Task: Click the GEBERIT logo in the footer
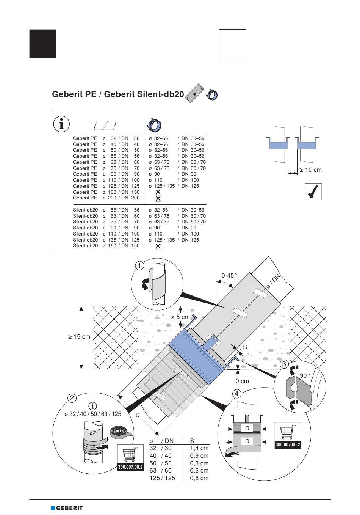[67, 508]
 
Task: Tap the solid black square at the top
[43, 44]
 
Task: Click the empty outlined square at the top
[232, 44]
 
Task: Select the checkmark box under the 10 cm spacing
[313, 192]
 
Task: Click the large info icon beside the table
[61, 124]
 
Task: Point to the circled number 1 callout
[139, 266]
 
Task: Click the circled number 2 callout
[72, 398]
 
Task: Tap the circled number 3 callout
[284, 364]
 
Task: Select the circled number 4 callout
[236, 394]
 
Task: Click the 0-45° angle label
[229, 275]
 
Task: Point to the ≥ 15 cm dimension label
[79, 337]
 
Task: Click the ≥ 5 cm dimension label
[180, 317]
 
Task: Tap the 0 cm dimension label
[242, 381]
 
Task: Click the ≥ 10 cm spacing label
[311, 170]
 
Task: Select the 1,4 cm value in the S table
[199, 448]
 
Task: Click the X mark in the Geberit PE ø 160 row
[158, 192]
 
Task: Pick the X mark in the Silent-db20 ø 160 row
[158, 246]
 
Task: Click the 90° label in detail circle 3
[305, 376]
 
